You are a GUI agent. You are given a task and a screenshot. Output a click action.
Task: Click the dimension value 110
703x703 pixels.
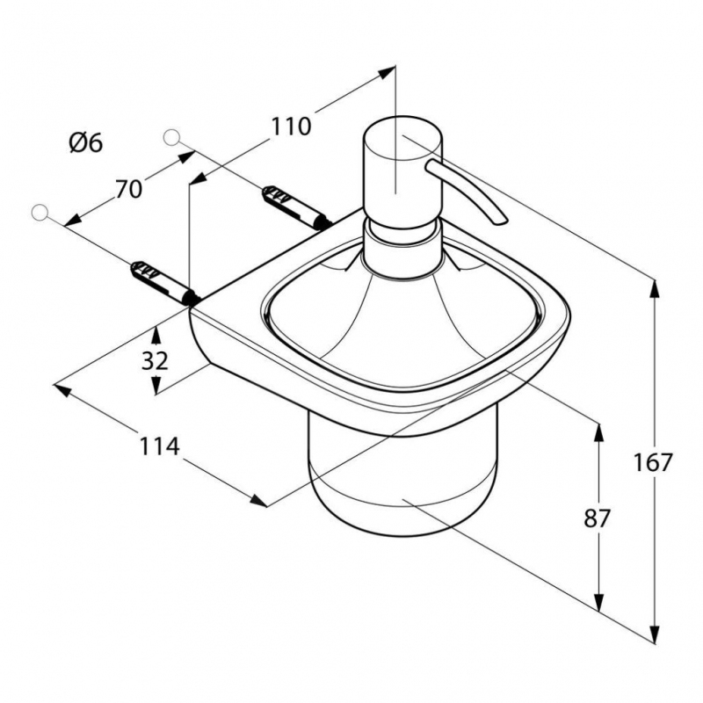[291, 127]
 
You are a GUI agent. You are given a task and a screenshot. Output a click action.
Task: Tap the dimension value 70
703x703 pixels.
[128, 189]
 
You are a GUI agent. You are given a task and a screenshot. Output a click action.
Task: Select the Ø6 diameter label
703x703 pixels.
[86, 143]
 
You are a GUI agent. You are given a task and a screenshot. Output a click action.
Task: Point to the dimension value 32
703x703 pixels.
[155, 360]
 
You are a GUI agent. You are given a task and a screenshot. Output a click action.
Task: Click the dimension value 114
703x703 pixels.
[159, 446]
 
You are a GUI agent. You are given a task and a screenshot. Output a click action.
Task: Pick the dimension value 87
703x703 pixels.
[598, 518]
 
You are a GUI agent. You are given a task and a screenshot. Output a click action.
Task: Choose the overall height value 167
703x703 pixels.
[653, 463]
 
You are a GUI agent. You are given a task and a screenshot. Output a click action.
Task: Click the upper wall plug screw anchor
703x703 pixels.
[296, 207]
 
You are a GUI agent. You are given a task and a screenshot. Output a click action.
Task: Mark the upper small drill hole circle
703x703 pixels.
[171, 137]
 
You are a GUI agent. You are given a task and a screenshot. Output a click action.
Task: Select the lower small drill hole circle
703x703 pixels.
[40, 213]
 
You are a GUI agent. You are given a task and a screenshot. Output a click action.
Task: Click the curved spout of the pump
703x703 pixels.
[467, 191]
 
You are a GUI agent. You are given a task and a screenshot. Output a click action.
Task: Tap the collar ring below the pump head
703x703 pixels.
[402, 250]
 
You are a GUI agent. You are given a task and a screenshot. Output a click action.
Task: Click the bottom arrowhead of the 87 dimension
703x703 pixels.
[598, 600]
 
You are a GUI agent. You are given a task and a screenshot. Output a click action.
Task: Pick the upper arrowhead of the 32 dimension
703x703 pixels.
[156, 335]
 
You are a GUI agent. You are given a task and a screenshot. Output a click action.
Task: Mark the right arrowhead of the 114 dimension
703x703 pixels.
[258, 501]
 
